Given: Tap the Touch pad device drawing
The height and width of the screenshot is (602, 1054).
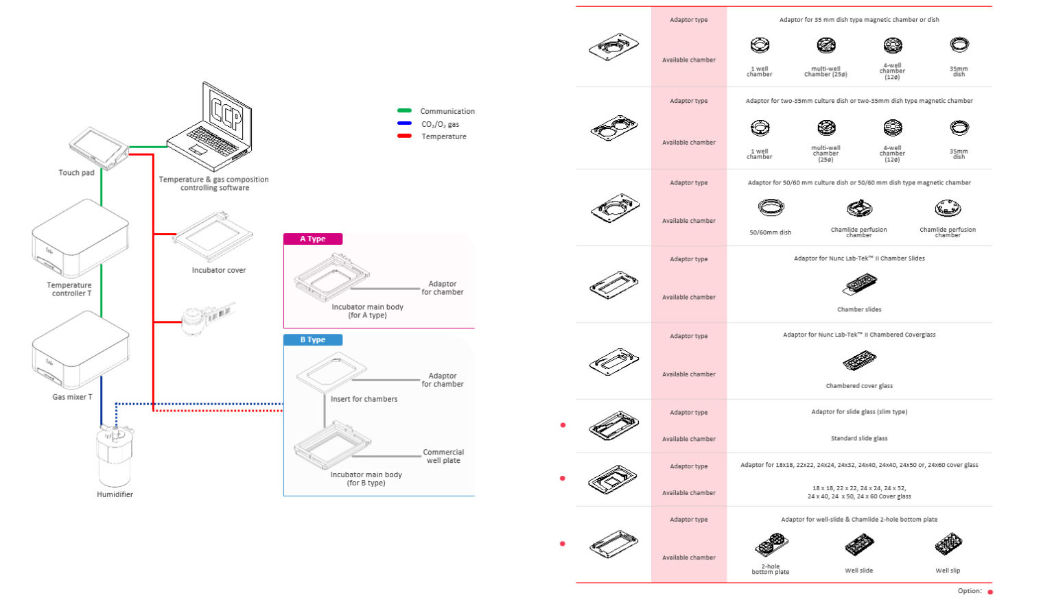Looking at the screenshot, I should pos(99,147).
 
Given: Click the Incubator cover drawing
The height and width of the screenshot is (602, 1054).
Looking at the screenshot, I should pos(213,237).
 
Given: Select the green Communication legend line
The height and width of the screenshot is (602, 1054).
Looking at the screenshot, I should pos(404,111).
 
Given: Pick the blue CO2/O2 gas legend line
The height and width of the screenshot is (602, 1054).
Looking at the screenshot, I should pos(404,124).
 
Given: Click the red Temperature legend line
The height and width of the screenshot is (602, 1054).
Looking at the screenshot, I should pos(404,136).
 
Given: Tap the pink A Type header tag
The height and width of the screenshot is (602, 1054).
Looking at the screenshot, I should pos(313,239).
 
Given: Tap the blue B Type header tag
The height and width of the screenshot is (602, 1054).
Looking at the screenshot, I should pos(313,340).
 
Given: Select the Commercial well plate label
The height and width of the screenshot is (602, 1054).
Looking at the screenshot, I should pos(443,457).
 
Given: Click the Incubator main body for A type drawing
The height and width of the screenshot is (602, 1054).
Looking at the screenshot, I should pos(332,278).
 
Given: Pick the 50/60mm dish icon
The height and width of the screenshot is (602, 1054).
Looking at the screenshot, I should pos(771,208).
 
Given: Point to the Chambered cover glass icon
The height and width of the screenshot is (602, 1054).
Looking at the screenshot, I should pos(859,361).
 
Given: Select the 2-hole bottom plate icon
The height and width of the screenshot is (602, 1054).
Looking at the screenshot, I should pos(771,546).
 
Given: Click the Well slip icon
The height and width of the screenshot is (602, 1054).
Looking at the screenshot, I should pos(948,546).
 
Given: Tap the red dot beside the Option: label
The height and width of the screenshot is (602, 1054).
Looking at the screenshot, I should pos(990,592).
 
